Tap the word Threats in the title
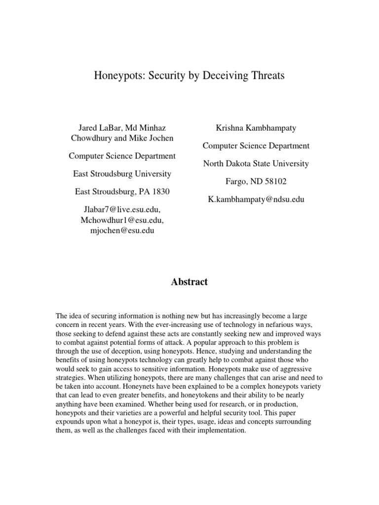[266, 76]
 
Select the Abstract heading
[189, 282]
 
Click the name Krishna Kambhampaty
[256, 128]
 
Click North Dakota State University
[256, 163]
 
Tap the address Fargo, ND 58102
[256, 181]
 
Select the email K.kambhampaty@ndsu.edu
[256, 199]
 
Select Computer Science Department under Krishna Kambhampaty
[256, 145]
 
